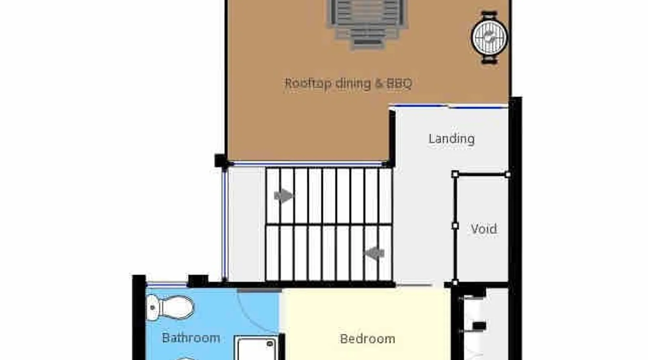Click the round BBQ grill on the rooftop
point(490,37)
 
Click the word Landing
point(451,139)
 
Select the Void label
point(484,229)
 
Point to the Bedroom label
point(368,339)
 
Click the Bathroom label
point(191,338)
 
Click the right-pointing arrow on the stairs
point(284,196)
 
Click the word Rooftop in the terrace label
point(308,84)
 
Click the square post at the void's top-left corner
point(455,175)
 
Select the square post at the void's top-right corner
point(508,175)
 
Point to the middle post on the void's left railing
point(455,226)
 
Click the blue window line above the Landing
point(449,106)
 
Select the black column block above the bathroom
point(198,280)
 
